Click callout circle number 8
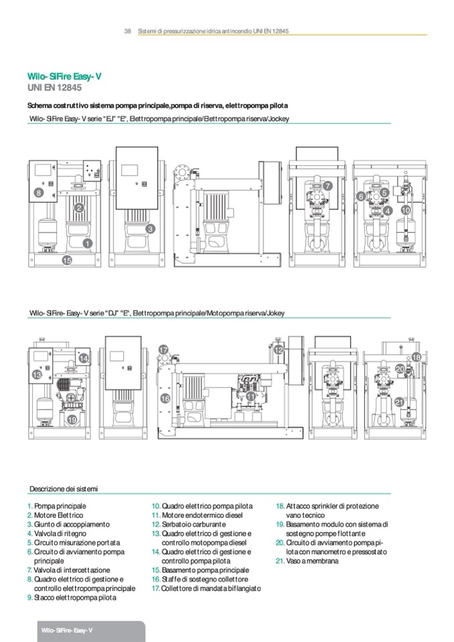pyautogui.click(x=39, y=193)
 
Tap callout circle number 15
pyautogui.click(x=67, y=260)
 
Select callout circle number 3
pyautogui.click(x=151, y=229)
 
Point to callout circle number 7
pyautogui.click(x=327, y=185)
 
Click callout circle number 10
pyautogui.click(x=405, y=210)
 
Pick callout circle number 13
pyautogui.click(x=37, y=376)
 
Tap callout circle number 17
pyautogui.click(x=163, y=350)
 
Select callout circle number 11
pyautogui.click(x=251, y=396)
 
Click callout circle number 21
pyautogui.click(x=399, y=402)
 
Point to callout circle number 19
pyautogui.click(x=72, y=420)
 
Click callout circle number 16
pyautogui.click(x=165, y=398)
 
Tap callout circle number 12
pyautogui.click(x=279, y=349)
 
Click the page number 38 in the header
pyautogui.click(x=127, y=31)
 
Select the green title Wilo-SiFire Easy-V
pyautogui.click(x=64, y=77)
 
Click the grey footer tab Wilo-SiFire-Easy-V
pyautogui.click(x=66, y=631)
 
